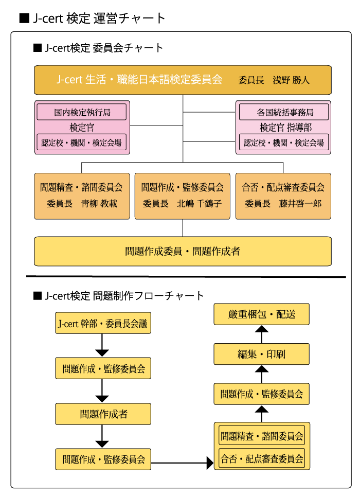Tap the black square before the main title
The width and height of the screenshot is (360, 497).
pyautogui.click(x=24, y=19)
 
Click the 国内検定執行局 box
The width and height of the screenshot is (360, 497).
pyautogui.click(x=82, y=112)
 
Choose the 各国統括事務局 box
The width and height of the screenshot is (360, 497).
pyautogui.click(x=284, y=112)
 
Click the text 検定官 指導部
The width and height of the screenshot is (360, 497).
pyautogui.click(x=284, y=127)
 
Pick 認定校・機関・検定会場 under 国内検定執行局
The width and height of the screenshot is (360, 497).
pyautogui.click(x=82, y=143)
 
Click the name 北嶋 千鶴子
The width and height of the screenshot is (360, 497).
pyautogui.click(x=200, y=204)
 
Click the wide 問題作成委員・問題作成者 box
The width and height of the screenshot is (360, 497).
pyautogui.click(x=183, y=251)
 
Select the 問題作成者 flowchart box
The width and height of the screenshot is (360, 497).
pyautogui.click(x=103, y=414)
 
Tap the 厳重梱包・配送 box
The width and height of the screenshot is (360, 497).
pyautogui.click(x=261, y=314)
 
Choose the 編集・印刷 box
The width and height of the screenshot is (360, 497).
pyautogui.click(x=261, y=354)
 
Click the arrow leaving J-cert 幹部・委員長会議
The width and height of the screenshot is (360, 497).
pyautogui.click(x=103, y=345)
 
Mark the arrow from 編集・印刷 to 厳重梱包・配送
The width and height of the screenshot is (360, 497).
pyautogui.click(x=261, y=334)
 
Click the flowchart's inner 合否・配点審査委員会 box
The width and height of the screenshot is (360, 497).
pyautogui.click(x=261, y=457)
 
